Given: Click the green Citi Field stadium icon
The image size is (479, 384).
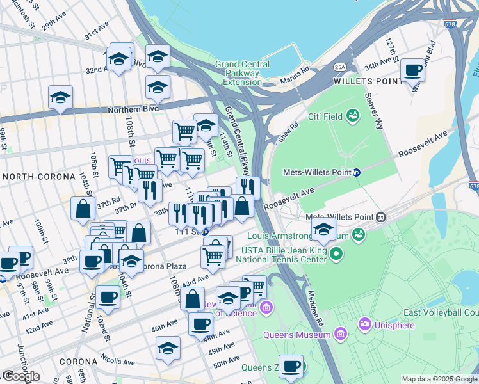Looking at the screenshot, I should (x=352, y=116).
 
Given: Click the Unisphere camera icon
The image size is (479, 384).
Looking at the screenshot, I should (x=365, y=325).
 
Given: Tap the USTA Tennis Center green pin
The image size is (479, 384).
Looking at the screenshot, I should (x=336, y=255).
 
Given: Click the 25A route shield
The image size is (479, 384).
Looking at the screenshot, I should (x=339, y=67).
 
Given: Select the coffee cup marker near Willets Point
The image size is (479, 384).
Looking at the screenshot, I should (x=412, y=70).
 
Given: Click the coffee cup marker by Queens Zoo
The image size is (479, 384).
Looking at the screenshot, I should (x=291, y=367).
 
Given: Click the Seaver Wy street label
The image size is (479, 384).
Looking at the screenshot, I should (x=373, y=109).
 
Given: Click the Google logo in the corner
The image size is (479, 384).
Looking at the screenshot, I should (x=20, y=376).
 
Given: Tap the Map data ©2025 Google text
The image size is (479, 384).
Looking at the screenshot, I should (x=439, y=379).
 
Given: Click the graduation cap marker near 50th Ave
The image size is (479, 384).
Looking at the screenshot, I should (x=168, y=348).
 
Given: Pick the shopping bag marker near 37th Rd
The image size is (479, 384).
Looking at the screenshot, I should (x=83, y=209).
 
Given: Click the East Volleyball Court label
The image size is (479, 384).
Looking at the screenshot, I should (x=441, y=312).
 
